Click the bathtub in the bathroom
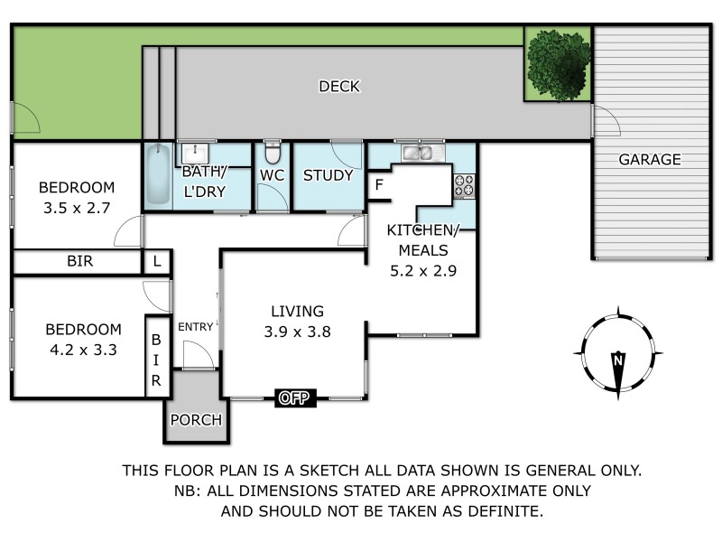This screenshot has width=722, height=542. [x=157, y=177]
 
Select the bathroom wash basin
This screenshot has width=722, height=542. [x=194, y=152]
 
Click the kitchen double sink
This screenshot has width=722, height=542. [x=418, y=152]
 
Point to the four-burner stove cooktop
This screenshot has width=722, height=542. [x=464, y=185]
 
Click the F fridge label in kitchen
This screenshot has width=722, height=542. [x=379, y=185]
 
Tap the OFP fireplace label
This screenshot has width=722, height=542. [x=296, y=397]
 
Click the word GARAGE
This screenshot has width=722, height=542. [x=649, y=160]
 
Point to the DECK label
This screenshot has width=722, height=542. [x=339, y=87]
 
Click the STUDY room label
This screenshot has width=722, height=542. [x=328, y=175]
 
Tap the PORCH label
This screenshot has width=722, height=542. [x=196, y=420]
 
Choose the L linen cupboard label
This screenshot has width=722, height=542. [x=156, y=262]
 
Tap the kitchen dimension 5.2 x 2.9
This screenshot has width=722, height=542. [x=421, y=268]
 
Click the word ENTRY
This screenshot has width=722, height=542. [x=196, y=327]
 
